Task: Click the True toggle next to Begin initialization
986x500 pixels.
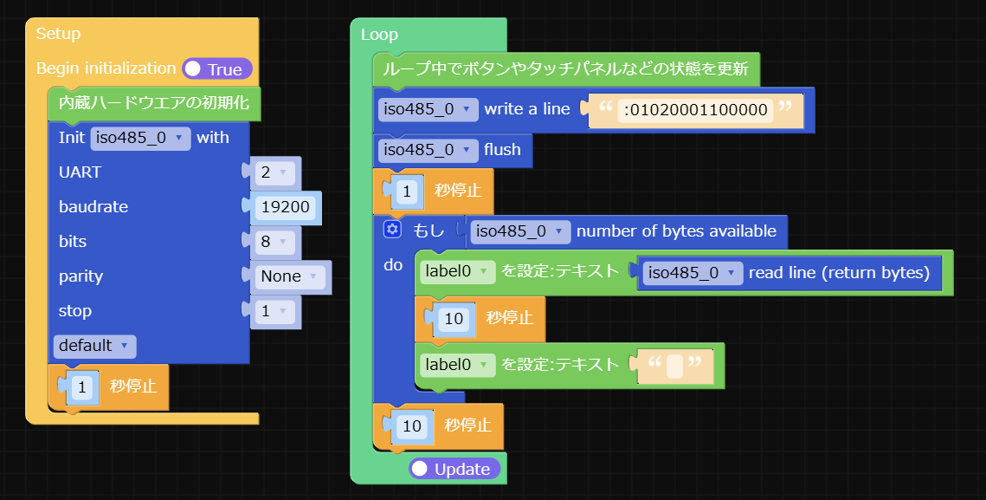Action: coord(217,69)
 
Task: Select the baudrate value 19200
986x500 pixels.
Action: coord(286,207)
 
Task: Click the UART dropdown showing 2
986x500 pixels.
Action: coord(274,172)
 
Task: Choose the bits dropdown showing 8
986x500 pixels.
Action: coord(274,242)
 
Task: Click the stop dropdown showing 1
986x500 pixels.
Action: coord(274,311)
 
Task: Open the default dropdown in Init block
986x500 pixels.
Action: coord(94,346)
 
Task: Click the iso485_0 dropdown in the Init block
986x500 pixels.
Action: coord(140,138)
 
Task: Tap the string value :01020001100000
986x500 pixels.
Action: coord(695,110)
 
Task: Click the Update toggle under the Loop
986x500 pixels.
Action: coord(454,469)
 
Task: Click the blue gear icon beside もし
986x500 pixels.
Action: coord(392,230)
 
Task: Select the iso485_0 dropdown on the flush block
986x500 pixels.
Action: coord(428,150)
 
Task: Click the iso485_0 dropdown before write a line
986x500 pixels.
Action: coord(428,109)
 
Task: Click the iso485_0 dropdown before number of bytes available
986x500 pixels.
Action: coord(520,231)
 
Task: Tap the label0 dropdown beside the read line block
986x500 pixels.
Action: coord(457,271)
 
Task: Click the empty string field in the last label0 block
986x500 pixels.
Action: coord(675,366)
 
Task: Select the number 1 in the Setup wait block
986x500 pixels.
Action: coord(81,386)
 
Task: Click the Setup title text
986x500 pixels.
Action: coord(59,34)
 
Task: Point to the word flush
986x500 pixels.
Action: coord(502,150)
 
